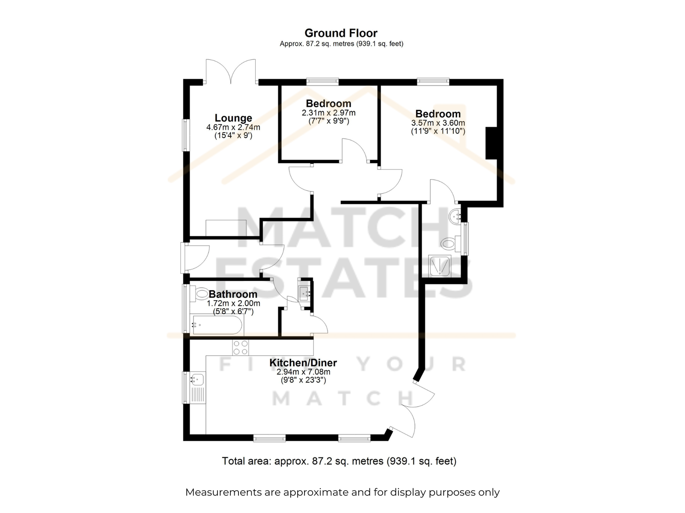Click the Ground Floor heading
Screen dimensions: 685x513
coord(341,33)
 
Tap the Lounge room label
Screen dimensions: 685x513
coord(233,118)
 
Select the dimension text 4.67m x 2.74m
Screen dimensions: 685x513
coord(233,127)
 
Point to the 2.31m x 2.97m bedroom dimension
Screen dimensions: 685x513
coord(328,113)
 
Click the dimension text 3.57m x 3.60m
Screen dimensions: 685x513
coord(438,123)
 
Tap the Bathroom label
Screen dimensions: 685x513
coord(233,294)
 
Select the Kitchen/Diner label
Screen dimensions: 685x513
coord(303,363)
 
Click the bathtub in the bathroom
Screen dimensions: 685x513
coord(217,325)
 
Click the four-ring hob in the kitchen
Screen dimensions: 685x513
coord(241,347)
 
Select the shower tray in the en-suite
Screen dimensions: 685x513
coord(440,265)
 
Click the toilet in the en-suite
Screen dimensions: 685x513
coord(451,243)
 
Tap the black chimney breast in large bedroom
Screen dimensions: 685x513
coord(491,143)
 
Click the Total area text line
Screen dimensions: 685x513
coord(339,461)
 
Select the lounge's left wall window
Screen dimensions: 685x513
coord(186,135)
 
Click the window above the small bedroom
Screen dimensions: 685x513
coord(322,82)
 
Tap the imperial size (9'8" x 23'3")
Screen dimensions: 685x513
coord(303,380)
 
